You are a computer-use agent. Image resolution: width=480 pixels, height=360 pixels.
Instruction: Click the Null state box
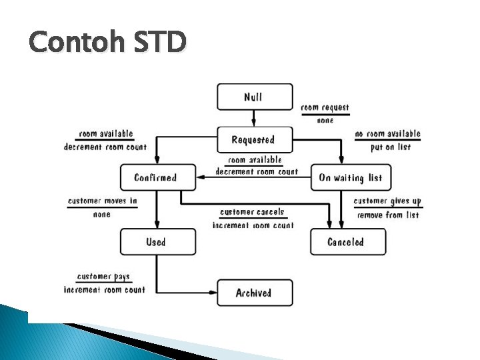pyautogui.click(x=255, y=97)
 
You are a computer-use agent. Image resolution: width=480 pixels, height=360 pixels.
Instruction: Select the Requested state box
pyautogui.click(x=255, y=139)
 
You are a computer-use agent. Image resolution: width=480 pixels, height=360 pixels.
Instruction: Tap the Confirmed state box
pyautogui.click(x=158, y=177)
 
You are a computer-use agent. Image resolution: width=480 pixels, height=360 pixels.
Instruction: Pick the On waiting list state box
pyautogui.click(x=351, y=177)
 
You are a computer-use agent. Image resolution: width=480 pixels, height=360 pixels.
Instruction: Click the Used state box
pyautogui.click(x=158, y=241)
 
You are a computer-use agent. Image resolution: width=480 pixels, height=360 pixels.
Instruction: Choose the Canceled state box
pyautogui.click(x=347, y=241)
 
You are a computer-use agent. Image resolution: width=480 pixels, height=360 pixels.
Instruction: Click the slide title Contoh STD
pyautogui.click(x=107, y=43)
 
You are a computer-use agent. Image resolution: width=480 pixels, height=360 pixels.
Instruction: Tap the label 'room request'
pyautogui.click(x=325, y=107)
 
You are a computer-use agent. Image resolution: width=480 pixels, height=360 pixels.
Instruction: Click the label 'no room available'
pyautogui.click(x=387, y=134)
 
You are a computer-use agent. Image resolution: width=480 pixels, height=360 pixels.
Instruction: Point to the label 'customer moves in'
pyautogui.click(x=103, y=201)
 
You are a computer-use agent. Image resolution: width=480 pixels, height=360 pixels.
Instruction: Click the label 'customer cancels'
pyautogui.click(x=252, y=212)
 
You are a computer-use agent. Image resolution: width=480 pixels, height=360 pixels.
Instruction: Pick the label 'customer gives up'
pyautogui.click(x=387, y=201)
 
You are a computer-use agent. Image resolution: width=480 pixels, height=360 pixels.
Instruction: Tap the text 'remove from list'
pyautogui.click(x=387, y=215)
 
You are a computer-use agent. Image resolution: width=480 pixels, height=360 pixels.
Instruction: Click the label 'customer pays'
pyautogui.click(x=103, y=276)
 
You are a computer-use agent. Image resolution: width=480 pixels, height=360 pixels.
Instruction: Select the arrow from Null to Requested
pyautogui.click(x=255, y=118)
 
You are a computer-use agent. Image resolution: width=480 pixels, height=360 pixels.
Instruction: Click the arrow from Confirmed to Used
pyautogui.click(x=157, y=209)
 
